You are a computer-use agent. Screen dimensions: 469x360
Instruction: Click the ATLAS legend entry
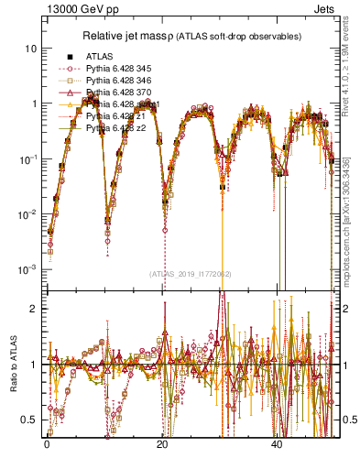click(99, 56)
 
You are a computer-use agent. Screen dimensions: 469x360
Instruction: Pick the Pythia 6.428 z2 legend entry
click(115, 129)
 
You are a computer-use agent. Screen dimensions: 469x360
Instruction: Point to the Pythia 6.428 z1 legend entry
click(115, 117)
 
